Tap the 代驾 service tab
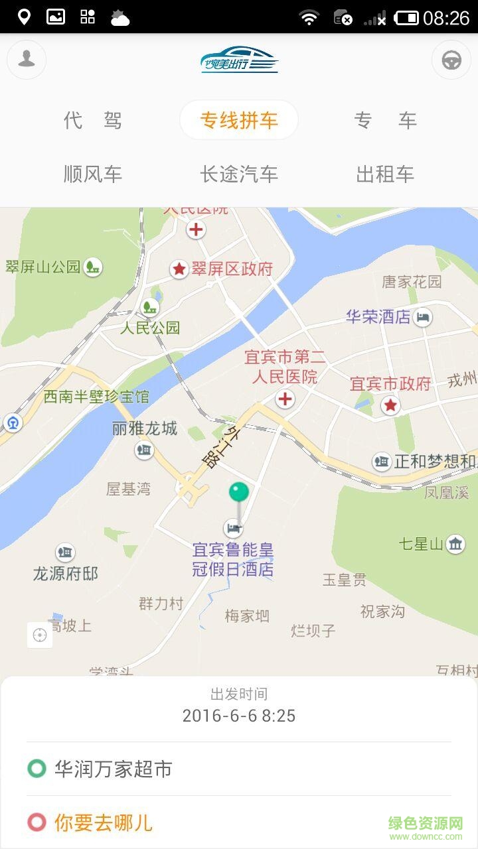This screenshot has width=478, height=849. coord(93,121)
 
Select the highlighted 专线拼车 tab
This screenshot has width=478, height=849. coord(239,121)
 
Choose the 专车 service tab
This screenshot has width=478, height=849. coord(385,121)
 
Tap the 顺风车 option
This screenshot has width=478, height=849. coord(93,174)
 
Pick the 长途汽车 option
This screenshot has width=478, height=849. coord(239,174)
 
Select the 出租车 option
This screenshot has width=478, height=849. coord(385,174)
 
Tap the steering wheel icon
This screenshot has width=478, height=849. coord(451,60)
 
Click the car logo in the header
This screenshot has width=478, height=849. coord(239,60)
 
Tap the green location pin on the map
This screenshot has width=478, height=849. coord(239,493)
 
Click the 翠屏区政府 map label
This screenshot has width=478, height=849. coord(232,269)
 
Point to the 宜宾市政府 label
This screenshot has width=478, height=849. coord(390,384)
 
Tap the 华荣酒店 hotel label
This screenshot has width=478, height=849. coord(378,317)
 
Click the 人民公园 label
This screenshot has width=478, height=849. coord(150,328)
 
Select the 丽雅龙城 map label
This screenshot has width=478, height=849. coord(145,429)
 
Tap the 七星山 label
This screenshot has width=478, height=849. coord(421,545)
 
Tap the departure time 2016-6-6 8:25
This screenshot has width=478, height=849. coord(239,716)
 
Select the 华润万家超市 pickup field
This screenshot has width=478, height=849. coord(113,769)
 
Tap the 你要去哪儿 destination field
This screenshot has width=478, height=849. coord(104,823)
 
